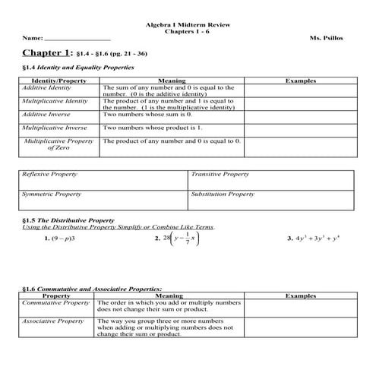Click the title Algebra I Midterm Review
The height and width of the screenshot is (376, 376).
188,24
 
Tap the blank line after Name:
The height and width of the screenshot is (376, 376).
77,38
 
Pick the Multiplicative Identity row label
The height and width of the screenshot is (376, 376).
55,100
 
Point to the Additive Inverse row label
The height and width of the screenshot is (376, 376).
46,113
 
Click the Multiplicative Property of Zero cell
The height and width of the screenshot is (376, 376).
58,144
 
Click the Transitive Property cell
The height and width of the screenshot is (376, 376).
220,174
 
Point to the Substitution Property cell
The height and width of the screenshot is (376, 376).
223,194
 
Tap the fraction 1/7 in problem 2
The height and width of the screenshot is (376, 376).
187,238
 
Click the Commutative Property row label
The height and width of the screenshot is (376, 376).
56,302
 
